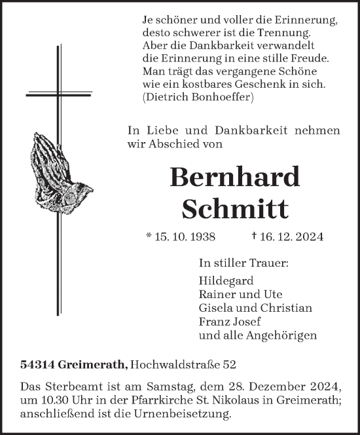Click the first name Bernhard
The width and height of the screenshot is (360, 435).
[234, 178]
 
